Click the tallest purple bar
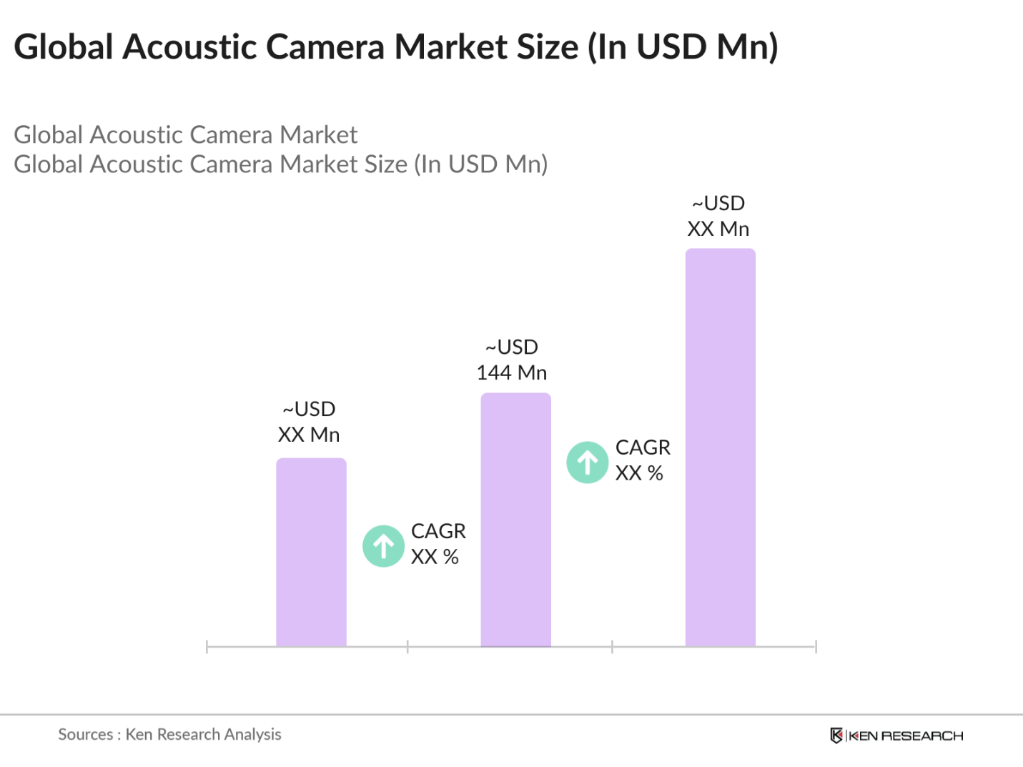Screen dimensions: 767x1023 coord(720,447)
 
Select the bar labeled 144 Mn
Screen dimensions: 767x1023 coord(515,520)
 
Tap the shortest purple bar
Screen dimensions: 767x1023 coord(311,552)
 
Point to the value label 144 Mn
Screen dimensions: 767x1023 coord(512,372)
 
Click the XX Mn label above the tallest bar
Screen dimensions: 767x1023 coord(718,229)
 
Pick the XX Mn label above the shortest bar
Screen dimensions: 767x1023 coord(309,435)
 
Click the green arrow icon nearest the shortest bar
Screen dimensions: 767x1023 coord(384,546)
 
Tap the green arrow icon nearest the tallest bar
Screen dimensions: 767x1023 coord(588,462)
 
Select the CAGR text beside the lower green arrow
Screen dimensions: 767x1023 coord(438,531)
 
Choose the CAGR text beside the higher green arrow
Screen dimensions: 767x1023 coord(643,447)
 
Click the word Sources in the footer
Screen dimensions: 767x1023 coord(85,734)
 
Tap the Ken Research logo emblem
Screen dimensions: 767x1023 coord(836,736)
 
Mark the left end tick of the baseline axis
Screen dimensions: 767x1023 coord(207,647)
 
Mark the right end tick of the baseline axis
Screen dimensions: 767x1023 coord(816,647)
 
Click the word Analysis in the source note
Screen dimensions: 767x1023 coord(252,734)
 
